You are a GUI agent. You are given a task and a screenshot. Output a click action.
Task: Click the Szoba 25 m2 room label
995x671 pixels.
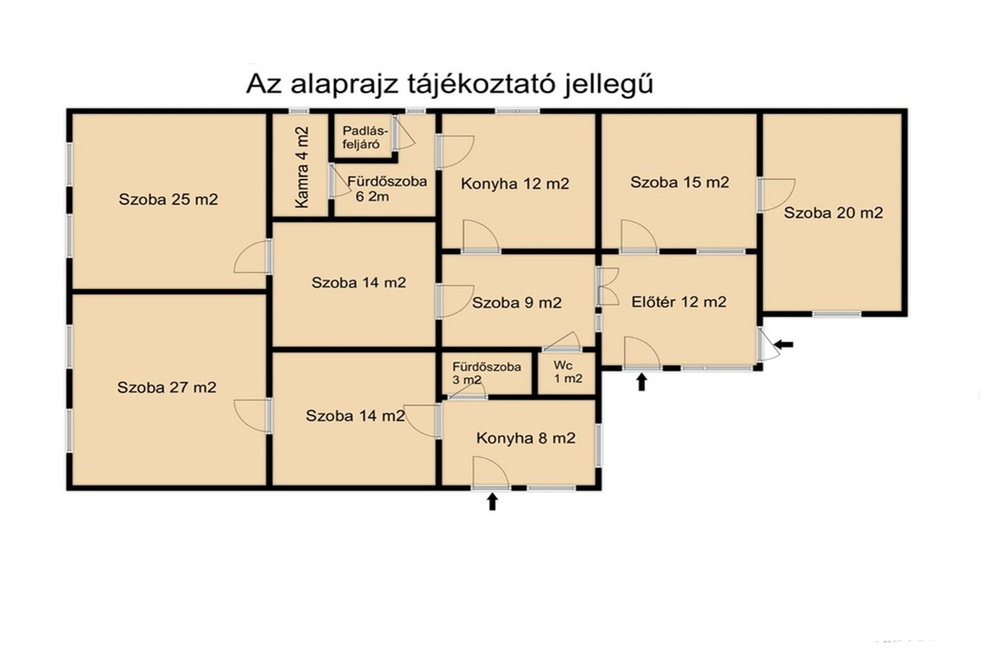168,199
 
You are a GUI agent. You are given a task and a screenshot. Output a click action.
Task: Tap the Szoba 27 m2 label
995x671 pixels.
167,387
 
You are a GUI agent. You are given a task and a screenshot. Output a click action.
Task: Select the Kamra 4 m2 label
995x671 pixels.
302,167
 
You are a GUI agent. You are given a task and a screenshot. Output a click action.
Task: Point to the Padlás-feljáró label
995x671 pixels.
362,138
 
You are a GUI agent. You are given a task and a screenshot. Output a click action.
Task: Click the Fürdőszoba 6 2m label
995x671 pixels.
387,188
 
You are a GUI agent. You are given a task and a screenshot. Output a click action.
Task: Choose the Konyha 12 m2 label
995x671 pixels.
515,184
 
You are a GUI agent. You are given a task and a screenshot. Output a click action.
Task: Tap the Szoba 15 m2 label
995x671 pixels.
679,182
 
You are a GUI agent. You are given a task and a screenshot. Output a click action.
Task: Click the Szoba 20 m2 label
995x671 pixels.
833,213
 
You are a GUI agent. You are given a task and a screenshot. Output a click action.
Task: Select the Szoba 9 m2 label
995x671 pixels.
517,302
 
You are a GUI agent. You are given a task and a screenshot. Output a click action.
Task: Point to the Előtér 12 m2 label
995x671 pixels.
679,302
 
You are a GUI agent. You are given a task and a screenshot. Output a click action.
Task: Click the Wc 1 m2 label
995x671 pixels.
568,372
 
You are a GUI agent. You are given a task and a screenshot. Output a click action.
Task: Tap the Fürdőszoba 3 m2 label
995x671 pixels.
487,373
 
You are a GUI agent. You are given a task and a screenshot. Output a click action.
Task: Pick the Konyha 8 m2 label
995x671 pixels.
525,439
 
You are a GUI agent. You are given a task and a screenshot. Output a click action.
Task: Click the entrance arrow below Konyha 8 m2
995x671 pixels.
492,501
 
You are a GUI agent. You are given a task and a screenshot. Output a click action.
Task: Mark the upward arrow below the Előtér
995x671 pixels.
642,382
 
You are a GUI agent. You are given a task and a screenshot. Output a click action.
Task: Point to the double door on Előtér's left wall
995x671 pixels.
608,286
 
